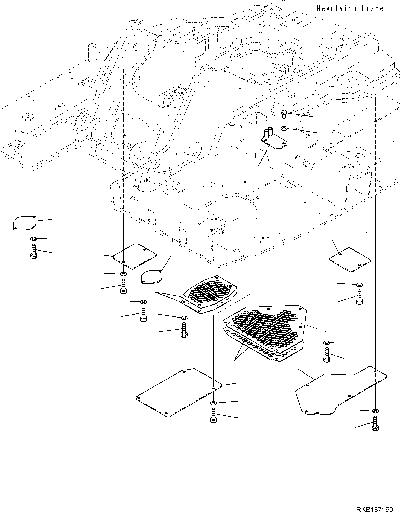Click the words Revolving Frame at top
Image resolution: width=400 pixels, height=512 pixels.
[x=350, y=9]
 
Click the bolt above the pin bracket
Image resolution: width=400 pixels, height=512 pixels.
[x=284, y=114]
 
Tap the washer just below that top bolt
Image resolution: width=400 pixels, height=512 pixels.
[x=284, y=128]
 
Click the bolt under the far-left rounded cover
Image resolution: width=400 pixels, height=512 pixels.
[x=33, y=252]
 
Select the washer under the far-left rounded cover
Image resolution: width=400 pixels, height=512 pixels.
[x=33, y=239]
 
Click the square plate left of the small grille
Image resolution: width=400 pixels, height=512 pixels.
[x=135, y=256]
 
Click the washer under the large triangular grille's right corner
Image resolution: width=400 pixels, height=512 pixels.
[x=326, y=343]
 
